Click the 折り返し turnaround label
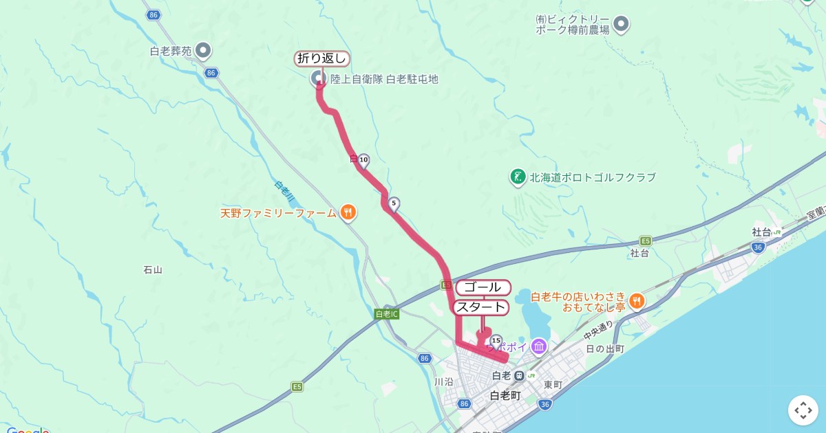(322, 59)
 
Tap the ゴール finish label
(483, 287)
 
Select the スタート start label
(481, 307)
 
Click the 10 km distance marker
(363, 161)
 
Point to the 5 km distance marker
(394, 203)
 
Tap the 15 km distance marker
(496, 340)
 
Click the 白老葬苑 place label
(171, 51)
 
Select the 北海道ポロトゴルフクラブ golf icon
(518, 177)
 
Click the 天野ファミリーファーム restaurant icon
(348, 213)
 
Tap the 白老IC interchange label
(387, 314)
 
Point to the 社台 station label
(761, 232)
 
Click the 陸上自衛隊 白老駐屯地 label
(384, 79)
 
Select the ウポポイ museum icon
(539, 346)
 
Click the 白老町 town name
(505, 395)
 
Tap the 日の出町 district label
(605, 348)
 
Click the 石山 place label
(152, 269)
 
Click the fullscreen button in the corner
(803, 410)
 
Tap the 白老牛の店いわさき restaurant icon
(637, 300)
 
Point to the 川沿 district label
(444, 381)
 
